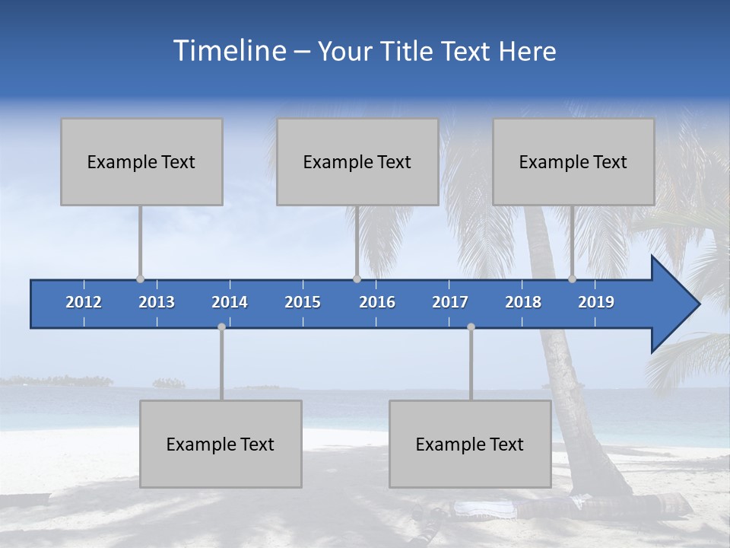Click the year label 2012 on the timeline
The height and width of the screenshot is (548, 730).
coord(84,302)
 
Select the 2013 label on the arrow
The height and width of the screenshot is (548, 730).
coord(157,302)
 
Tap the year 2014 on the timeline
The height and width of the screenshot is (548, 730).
coord(230,302)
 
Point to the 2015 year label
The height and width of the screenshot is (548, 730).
coord(303,302)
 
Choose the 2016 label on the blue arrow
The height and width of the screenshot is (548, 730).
coord(377,302)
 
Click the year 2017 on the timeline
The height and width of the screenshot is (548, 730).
coord(450,302)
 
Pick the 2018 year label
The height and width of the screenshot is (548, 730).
coord(523,302)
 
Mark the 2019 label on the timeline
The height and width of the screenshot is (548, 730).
coord(596,302)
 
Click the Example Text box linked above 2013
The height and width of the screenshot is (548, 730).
coord(141,161)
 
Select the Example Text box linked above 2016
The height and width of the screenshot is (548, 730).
coord(357,161)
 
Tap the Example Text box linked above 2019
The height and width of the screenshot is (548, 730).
coord(573,161)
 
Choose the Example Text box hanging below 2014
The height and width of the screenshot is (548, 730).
coord(221,444)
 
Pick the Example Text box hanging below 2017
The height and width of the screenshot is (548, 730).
coord(470,444)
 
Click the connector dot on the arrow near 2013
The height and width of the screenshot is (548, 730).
coord(140,279)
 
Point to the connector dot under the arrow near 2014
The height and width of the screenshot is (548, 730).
coord(221,327)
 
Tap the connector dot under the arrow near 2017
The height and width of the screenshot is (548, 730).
coord(471,327)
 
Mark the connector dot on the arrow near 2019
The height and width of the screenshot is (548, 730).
coord(572,279)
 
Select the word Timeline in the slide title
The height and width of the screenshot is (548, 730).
coord(228,51)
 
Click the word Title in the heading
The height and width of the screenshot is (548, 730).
coord(408,52)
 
